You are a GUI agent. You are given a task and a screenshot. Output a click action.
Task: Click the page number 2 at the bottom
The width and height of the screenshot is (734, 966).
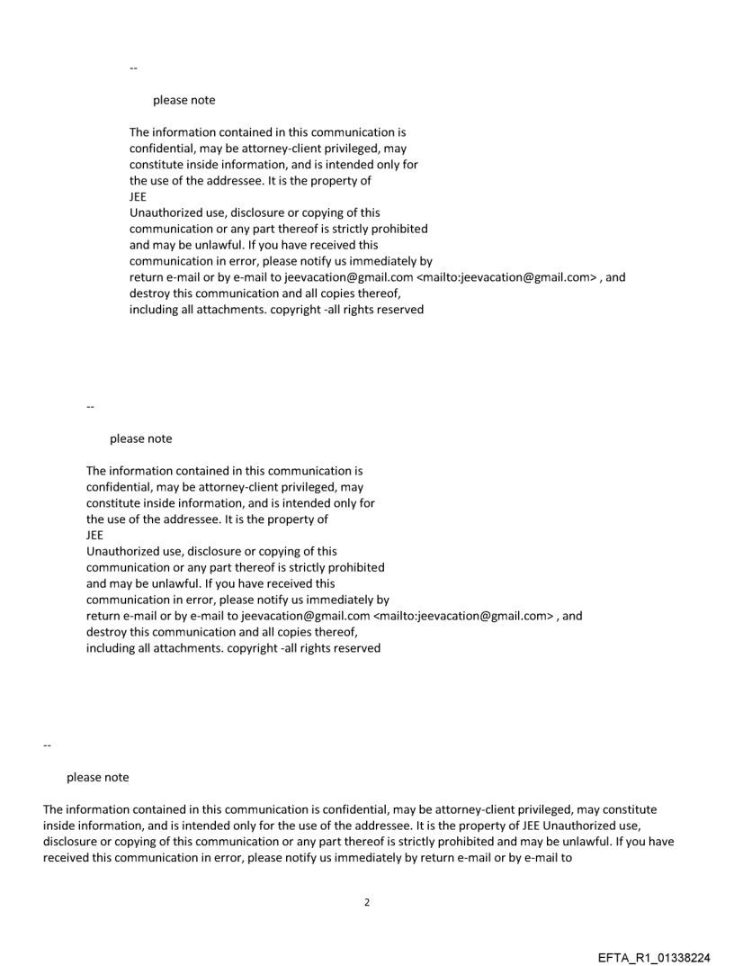366,901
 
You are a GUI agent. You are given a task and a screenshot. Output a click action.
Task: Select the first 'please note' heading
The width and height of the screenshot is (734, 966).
183,100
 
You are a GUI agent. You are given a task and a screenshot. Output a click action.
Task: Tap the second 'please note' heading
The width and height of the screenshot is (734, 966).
140,438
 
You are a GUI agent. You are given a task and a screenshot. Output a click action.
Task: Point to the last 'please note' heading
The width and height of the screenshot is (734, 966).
97,777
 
